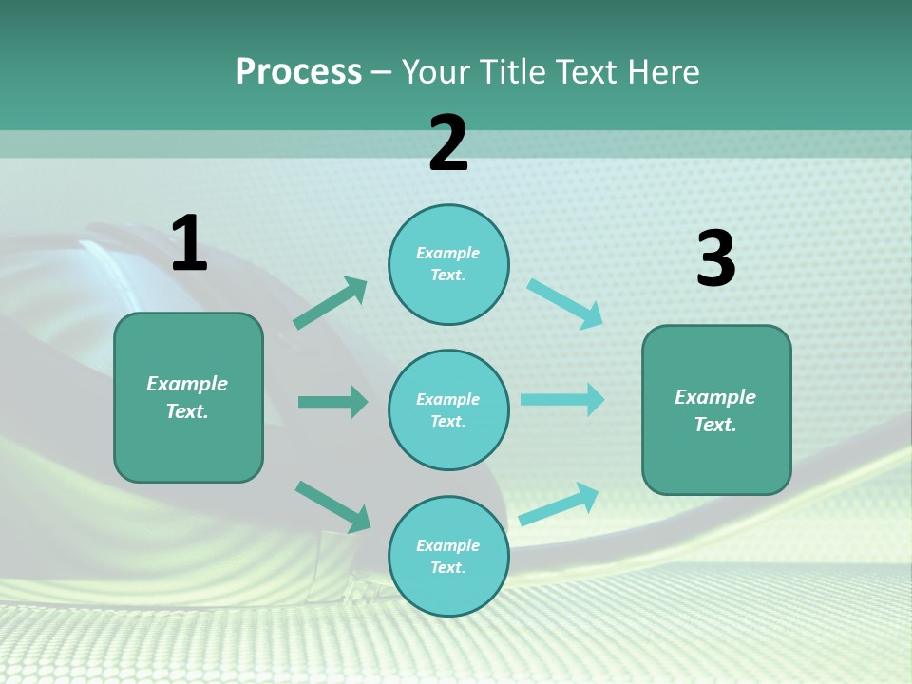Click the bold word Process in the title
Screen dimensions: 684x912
pyautogui.click(x=298, y=72)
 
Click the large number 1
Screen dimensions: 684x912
pyautogui.click(x=189, y=243)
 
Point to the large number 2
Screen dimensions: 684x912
pyautogui.click(x=448, y=143)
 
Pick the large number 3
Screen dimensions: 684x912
pyautogui.click(x=715, y=259)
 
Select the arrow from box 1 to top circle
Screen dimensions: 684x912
pyautogui.click(x=331, y=303)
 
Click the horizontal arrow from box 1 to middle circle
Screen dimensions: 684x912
pyautogui.click(x=332, y=402)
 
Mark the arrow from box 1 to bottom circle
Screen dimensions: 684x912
pyautogui.click(x=332, y=506)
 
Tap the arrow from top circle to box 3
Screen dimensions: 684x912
pyautogui.click(x=564, y=304)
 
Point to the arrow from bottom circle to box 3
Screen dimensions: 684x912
pyautogui.click(x=559, y=504)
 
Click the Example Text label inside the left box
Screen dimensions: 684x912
pyautogui.click(x=187, y=397)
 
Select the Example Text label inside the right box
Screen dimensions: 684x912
pyautogui.click(x=715, y=410)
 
